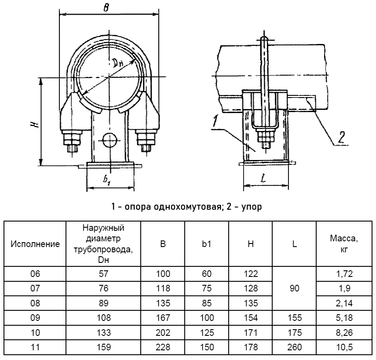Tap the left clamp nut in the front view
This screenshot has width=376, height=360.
tap(73, 141)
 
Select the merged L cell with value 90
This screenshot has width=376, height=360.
tap(294, 288)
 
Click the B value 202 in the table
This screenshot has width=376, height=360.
tap(163, 332)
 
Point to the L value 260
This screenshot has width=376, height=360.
tap(294, 347)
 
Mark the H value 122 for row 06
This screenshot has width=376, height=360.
tap(251, 274)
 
